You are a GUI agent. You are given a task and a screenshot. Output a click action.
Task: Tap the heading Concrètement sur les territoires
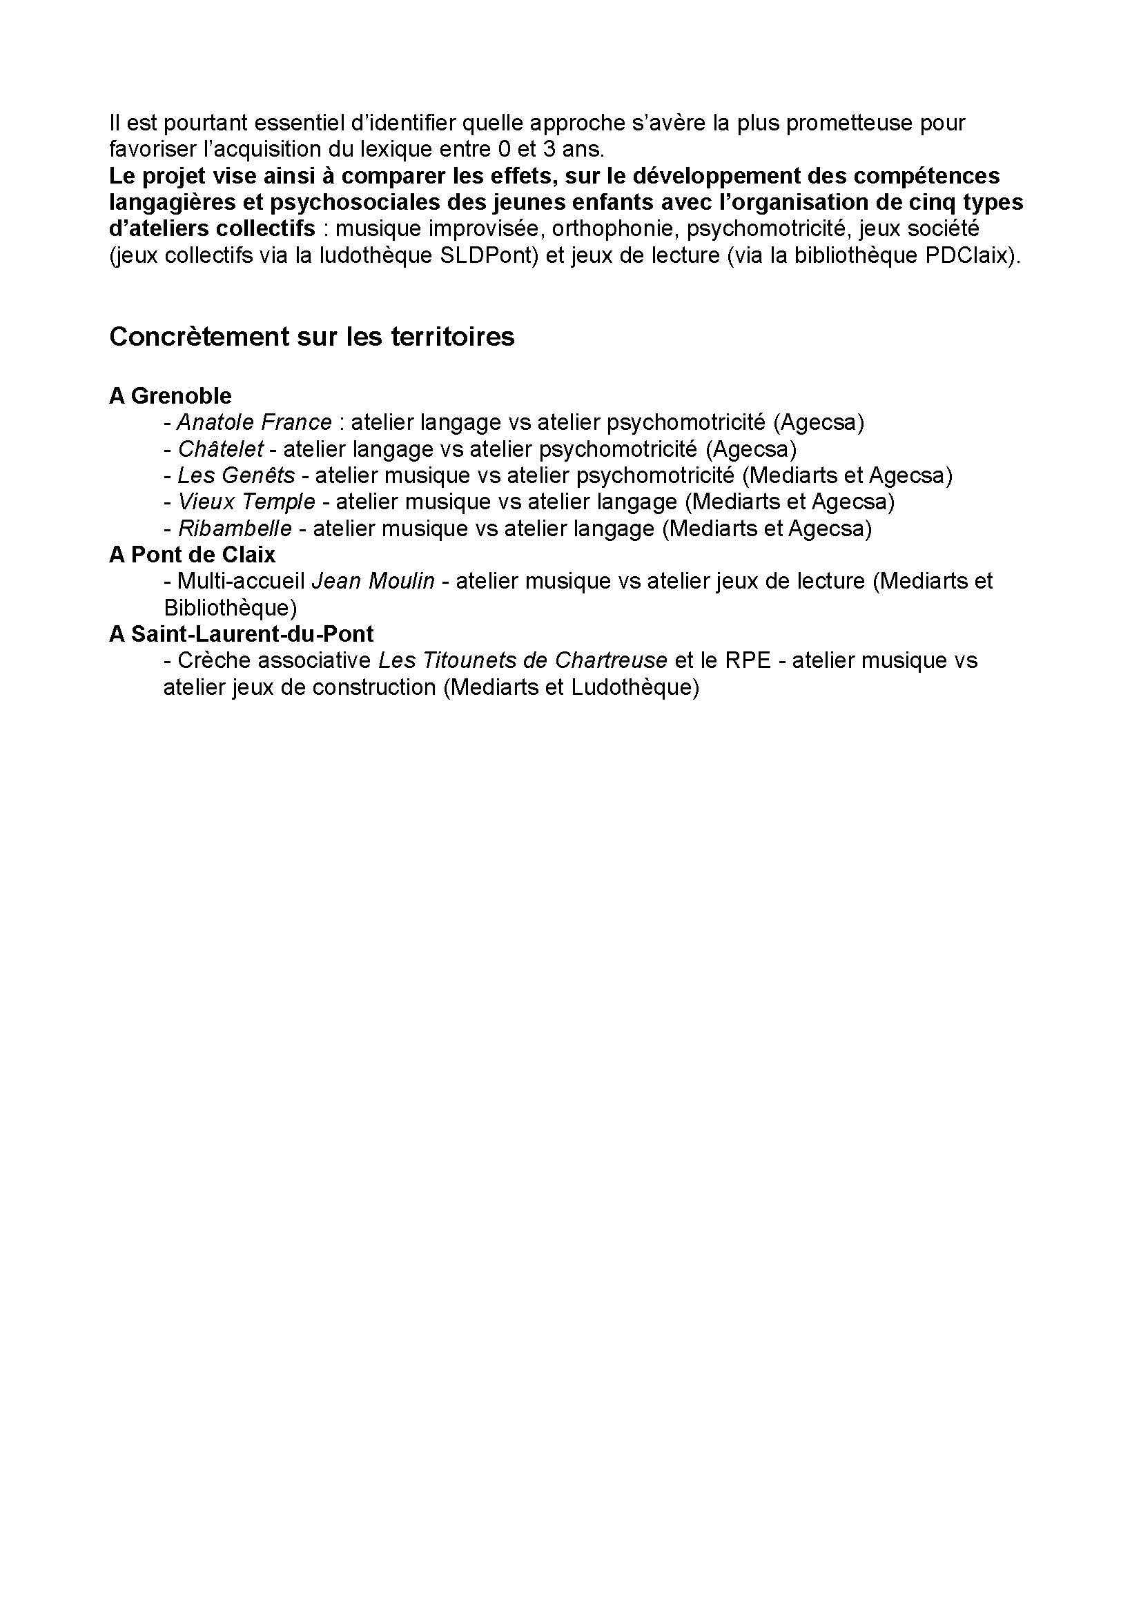311,337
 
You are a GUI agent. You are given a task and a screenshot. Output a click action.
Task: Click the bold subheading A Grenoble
170,396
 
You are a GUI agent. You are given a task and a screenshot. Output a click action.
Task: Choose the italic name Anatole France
255,422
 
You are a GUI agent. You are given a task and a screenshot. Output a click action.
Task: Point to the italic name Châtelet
221,449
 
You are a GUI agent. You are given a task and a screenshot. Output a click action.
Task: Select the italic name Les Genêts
236,475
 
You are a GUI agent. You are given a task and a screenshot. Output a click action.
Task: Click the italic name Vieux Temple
246,502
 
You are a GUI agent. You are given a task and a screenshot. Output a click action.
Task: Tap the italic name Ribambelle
235,529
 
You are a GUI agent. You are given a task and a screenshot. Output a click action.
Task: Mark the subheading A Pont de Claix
192,555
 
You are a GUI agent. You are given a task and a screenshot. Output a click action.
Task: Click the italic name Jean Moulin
373,581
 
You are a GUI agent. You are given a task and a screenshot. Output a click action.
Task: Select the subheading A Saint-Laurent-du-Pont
241,634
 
